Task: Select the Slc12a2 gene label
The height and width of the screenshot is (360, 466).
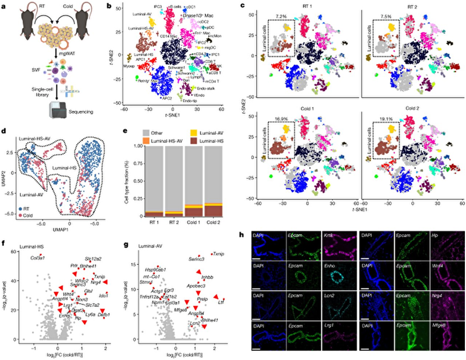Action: coord(93,258)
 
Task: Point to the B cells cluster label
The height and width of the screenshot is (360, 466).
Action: coord(174,6)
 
